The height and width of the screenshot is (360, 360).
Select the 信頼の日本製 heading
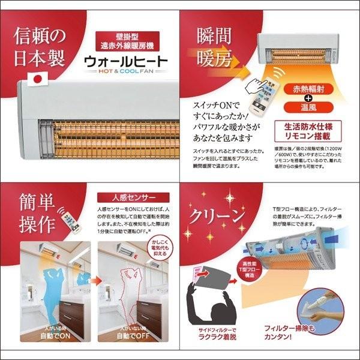click(x=40, y=46)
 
